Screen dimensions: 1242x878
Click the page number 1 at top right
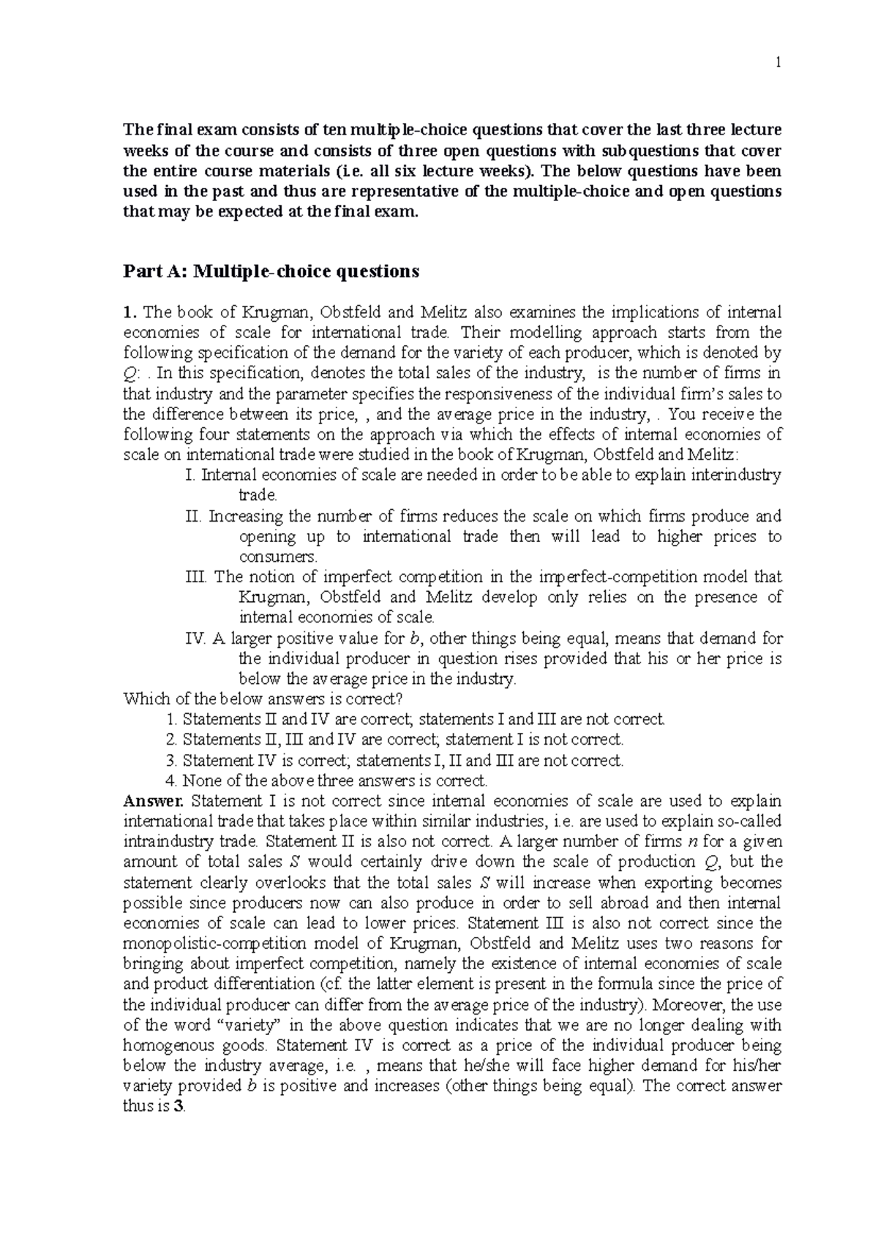(x=779, y=63)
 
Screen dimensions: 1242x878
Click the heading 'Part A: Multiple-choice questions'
(x=271, y=272)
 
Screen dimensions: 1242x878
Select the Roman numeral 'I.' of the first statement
(x=192, y=475)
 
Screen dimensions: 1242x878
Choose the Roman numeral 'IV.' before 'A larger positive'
(x=196, y=639)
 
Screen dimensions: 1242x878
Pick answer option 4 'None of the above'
(x=327, y=780)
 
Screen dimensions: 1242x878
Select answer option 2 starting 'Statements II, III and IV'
(x=395, y=739)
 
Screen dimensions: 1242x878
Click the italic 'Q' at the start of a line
(x=129, y=374)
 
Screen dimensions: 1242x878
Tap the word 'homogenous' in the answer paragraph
(x=164, y=1045)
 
